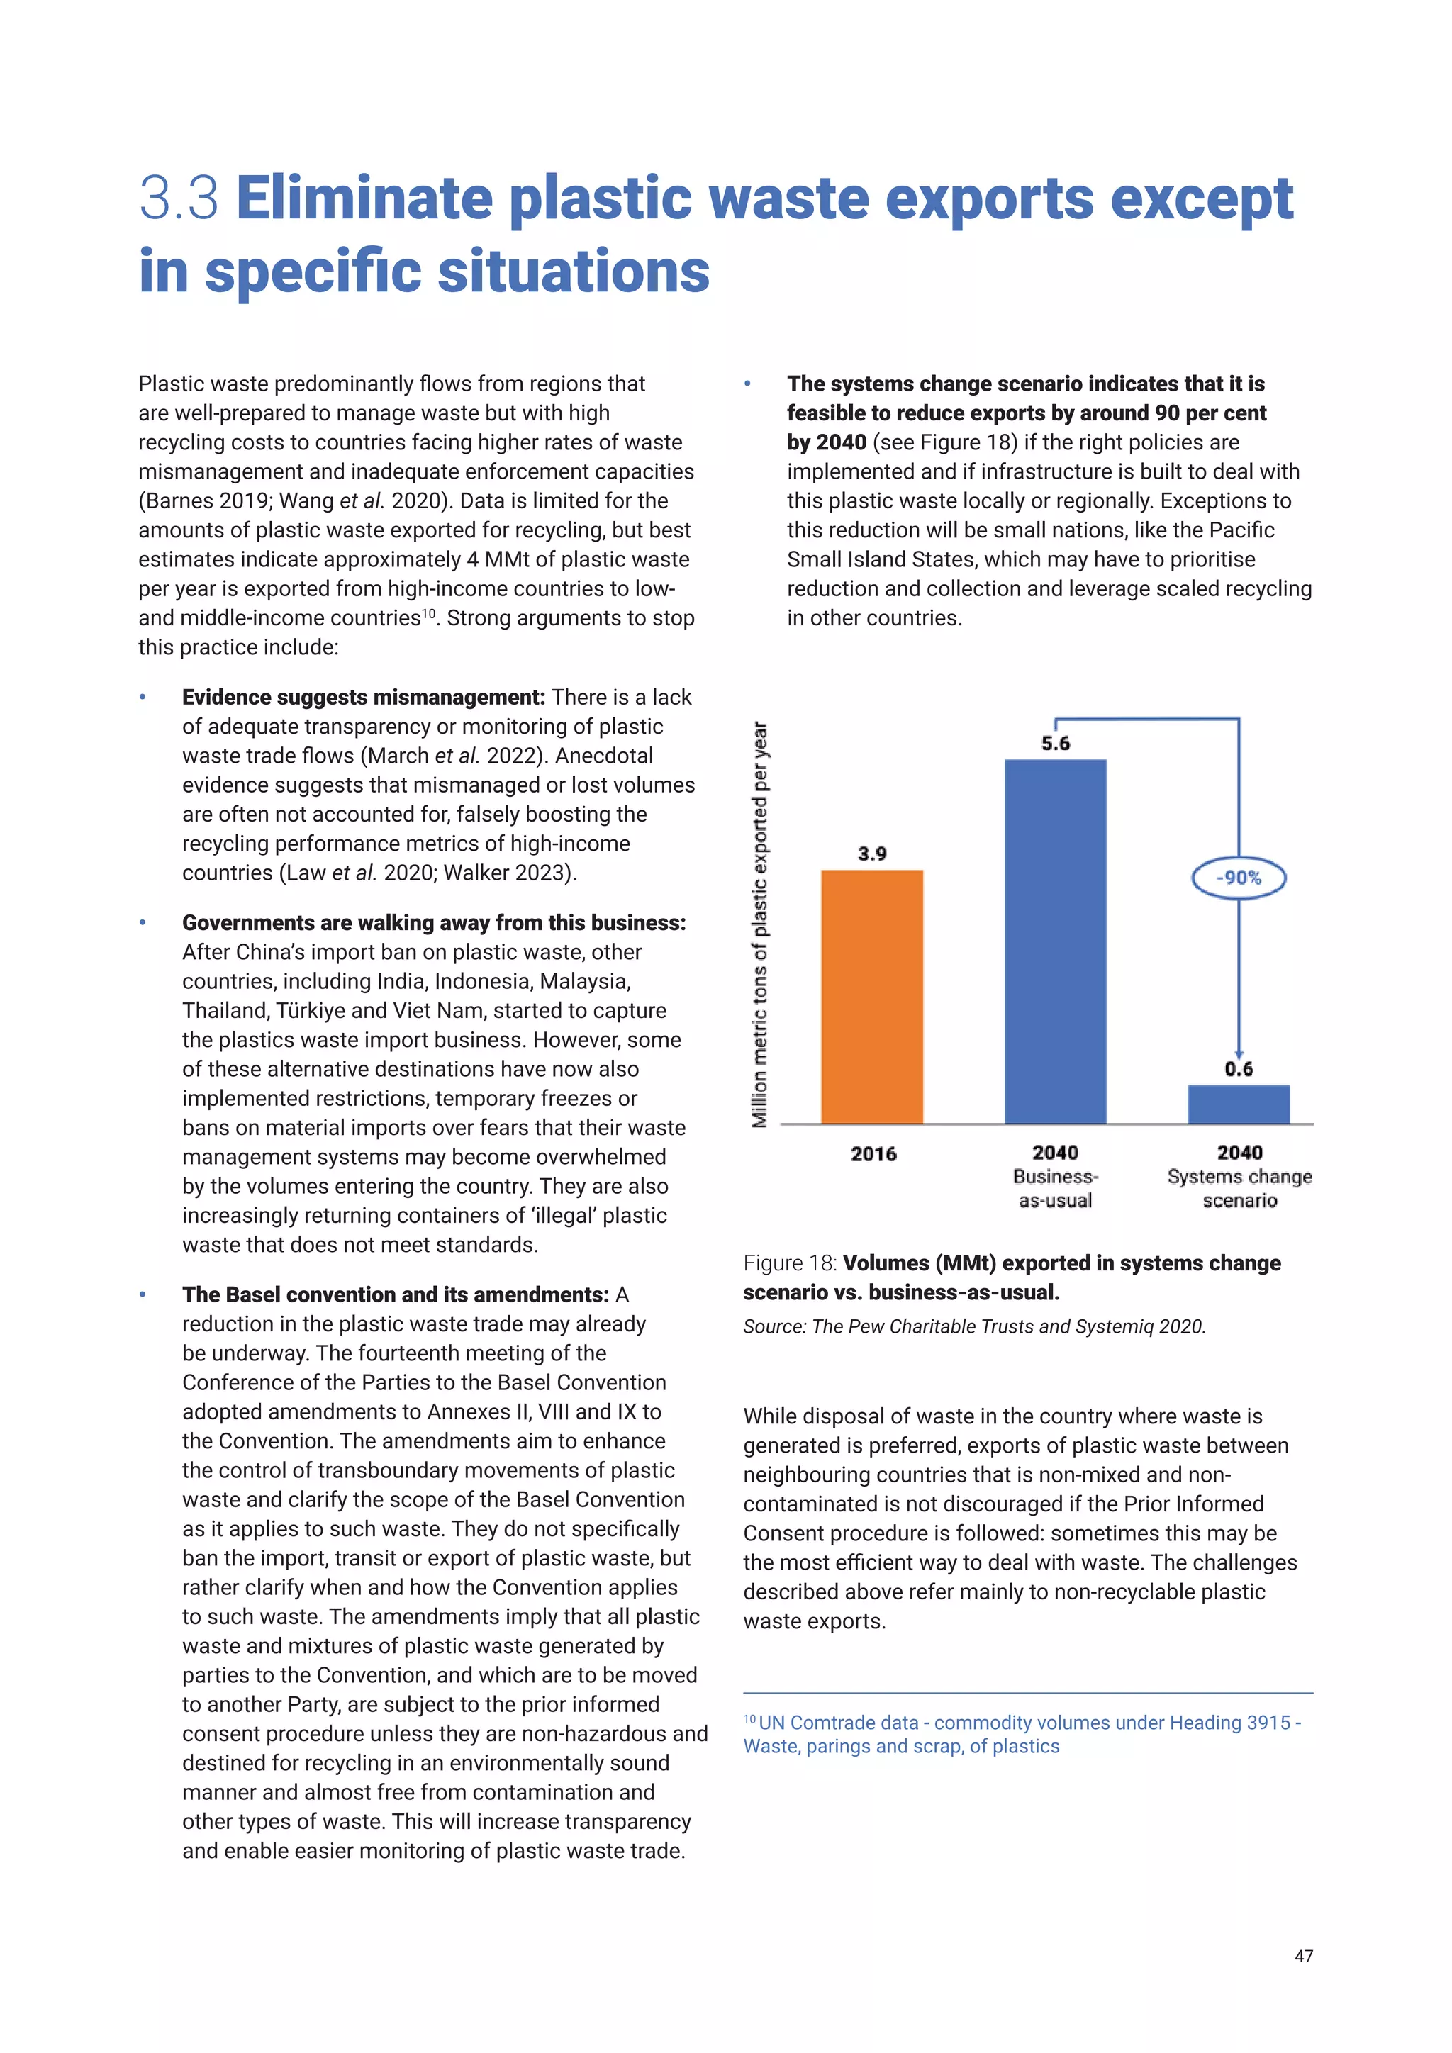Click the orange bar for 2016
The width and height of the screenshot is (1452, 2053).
pyautogui.click(x=872, y=996)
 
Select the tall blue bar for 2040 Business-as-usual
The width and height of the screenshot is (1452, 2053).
pyautogui.click(x=1055, y=941)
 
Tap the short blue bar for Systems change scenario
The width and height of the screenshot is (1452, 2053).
pyautogui.click(x=1239, y=1104)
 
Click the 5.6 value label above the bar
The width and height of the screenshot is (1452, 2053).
pyautogui.click(x=1055, y=743)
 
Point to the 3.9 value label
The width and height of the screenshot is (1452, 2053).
pyautogui.click(x=872, y=854)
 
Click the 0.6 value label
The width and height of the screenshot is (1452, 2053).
pyautogui.click(x=1239, y=1068)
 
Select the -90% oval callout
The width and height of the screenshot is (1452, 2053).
pyautogui.click(x=1239, y=878)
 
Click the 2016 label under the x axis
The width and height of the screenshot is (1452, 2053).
pyautogui.click(x=873, y=1153)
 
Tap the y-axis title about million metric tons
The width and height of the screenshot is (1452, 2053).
pyautogui.click(x=760, y=924)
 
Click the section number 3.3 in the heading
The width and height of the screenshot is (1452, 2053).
pyautogui.click(x=179, y=198)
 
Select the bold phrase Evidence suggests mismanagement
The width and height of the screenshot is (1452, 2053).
pyautogui.click(x=363, y=698)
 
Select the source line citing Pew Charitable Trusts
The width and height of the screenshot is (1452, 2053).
pyautogui.click(x=973, y=1326)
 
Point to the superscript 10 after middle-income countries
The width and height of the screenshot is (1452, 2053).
pyautogui.click(x=428, y=613)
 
